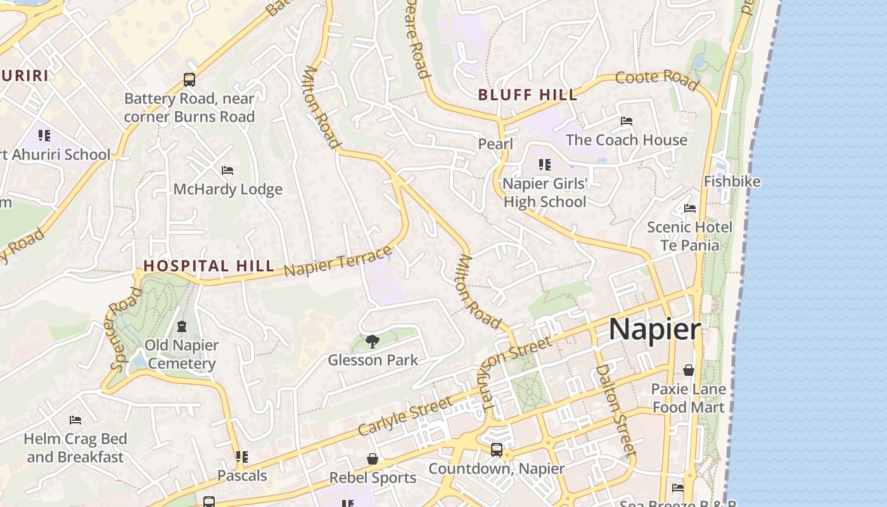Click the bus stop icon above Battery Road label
point(189,80)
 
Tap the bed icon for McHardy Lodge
point(227,170)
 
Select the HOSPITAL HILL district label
point(208,266)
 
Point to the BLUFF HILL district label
point(528,95)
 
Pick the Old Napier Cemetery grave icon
point(182,326)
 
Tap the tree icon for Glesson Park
point(373,342)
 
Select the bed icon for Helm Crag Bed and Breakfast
point(75,420)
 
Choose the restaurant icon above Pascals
point(241,456)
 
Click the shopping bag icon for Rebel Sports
point(373,459)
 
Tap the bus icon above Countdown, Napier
point(497,450)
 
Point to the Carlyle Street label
point(405,416)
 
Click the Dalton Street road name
point(615,410)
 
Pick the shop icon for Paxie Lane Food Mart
point(689,370)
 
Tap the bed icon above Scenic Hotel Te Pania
point(690,208)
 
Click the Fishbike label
point(732,181)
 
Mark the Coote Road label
point(657,80)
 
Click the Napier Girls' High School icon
point(544,165)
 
